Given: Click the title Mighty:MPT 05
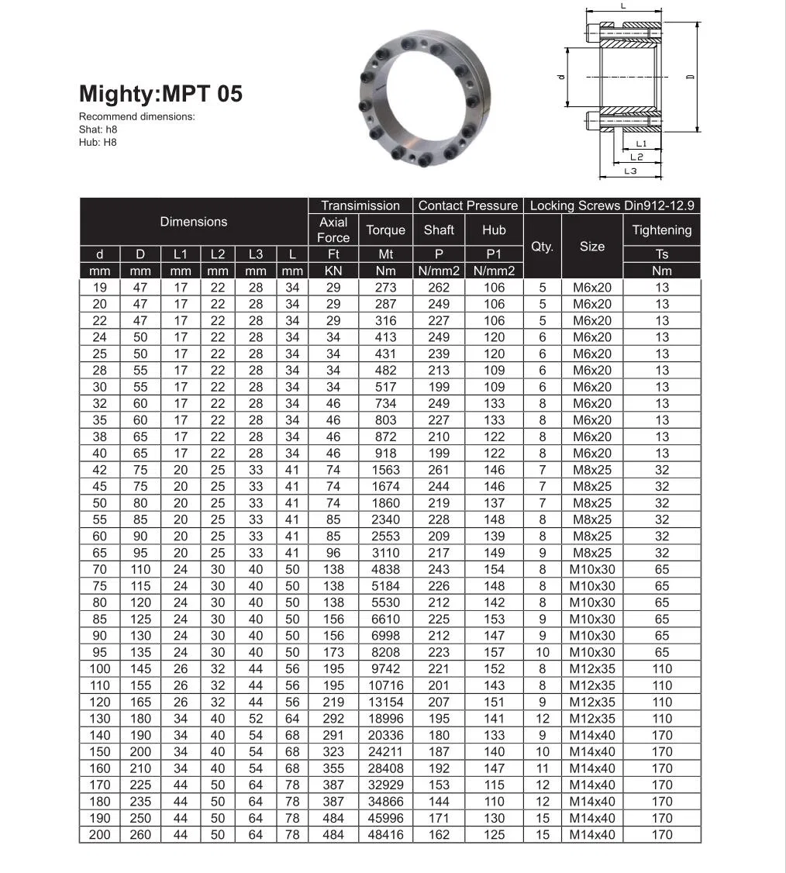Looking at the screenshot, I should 160,94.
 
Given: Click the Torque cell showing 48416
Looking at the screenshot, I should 385,834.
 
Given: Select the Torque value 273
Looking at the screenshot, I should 385,287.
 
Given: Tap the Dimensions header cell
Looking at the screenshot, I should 194,222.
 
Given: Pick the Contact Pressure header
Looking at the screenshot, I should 467,205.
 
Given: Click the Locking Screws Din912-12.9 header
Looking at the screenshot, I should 612,205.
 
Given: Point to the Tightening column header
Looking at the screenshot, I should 661,230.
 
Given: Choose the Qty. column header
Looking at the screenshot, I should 543,247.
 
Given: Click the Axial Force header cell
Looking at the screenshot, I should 333,230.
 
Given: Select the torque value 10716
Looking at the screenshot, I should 385,685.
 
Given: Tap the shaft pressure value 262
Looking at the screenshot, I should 439,287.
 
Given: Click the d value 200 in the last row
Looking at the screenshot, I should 100,834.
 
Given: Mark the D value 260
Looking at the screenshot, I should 140,834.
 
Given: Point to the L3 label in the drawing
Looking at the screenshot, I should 630,171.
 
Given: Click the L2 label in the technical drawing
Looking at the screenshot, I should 636,157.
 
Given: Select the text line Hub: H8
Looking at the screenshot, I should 98,142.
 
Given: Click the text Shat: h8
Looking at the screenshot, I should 98,129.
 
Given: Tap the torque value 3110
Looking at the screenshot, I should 385,553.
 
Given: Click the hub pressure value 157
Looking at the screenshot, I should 494,652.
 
